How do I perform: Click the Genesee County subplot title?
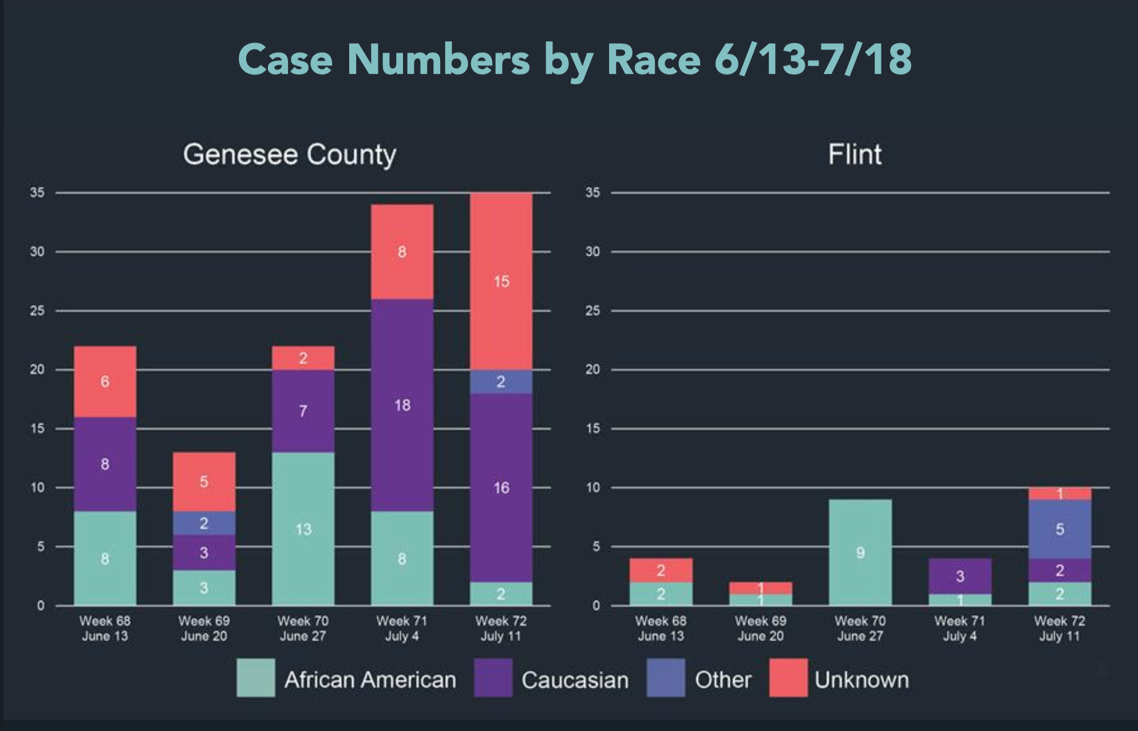point(290,154)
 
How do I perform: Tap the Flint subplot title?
point(855,154)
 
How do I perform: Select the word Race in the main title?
point(653,59)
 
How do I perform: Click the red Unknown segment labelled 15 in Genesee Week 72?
point(501,281)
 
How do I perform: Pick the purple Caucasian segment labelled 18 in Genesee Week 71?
point(402,405)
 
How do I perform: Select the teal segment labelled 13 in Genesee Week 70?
point(303,529)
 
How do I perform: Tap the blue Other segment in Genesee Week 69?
point(204,523)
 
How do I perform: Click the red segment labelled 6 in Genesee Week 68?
point(105,382)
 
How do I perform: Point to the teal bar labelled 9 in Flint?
point(860,552)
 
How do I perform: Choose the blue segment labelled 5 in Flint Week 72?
point(1060,529)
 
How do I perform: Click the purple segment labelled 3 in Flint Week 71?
point(960,576)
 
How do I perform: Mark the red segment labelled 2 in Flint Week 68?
point(661,570)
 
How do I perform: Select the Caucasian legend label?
point(575,680)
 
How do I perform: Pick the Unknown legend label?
point(862,680)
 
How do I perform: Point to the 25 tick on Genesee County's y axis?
point(37,311)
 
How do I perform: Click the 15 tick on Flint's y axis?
point(592,429)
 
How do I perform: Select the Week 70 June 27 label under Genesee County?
point(303,628)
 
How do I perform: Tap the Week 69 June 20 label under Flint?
point(760,628)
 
